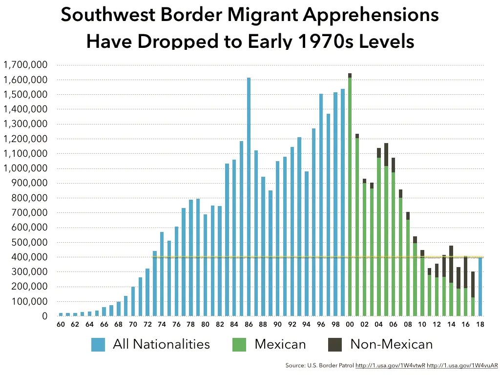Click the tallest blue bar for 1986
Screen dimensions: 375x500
(x=249, y=195)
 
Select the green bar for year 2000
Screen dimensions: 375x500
(x=350, y=195)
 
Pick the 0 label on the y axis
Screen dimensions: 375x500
(x=45, y=316)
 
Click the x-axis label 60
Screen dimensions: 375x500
(x=61, y=324)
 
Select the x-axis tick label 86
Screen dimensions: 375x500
(x=249, y=324)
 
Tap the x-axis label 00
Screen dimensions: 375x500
(x=350, y=324)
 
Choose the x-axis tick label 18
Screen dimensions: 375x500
(x=480, y=324)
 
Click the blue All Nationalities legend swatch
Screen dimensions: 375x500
(x=98, y=344)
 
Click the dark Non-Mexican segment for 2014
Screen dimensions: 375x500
(x=451, y=264)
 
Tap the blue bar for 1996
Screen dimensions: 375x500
(x=321, y=205)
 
